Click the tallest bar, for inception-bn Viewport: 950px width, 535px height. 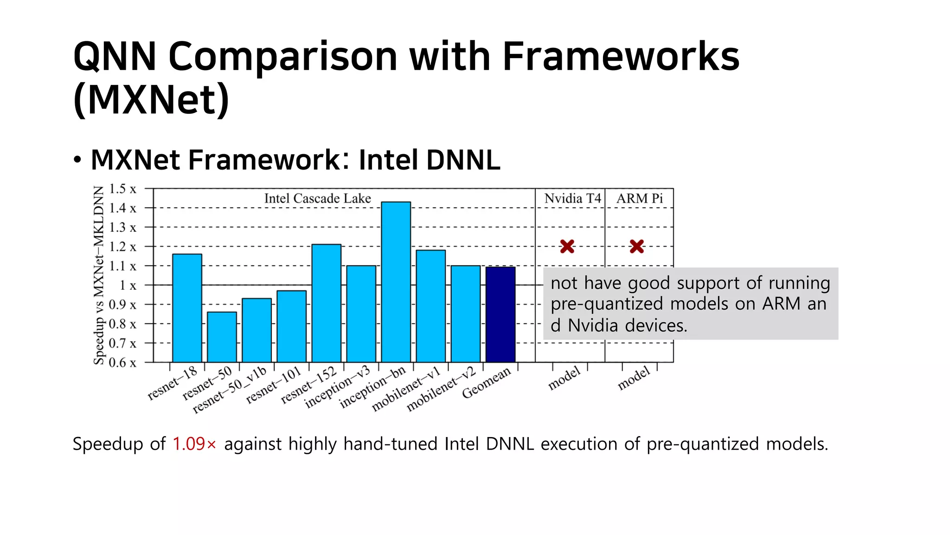point(396,282)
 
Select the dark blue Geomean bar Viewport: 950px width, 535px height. point(501,314)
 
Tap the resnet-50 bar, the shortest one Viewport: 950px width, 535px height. point(222,337)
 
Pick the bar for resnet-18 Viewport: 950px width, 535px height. point(187,308)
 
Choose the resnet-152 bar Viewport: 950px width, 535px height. point(326,303)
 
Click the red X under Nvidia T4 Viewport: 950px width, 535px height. point(567,246)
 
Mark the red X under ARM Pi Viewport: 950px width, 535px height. point(637,246)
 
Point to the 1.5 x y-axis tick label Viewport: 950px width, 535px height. point(122,189)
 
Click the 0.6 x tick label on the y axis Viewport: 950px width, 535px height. point(122,363)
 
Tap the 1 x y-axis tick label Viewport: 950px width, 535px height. point(128,285)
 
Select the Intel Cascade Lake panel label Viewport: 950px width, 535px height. point(317,198)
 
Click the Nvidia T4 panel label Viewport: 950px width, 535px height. point(572,198)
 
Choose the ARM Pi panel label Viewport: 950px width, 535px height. point(640,198)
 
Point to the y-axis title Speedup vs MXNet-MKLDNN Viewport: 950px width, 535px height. point(98,275)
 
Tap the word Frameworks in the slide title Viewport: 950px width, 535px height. point(621,56)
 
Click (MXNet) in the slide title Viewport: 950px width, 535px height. point(151,99)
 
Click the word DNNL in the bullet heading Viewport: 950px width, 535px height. point(463,160)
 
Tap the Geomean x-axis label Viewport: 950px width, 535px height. point(486,383)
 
